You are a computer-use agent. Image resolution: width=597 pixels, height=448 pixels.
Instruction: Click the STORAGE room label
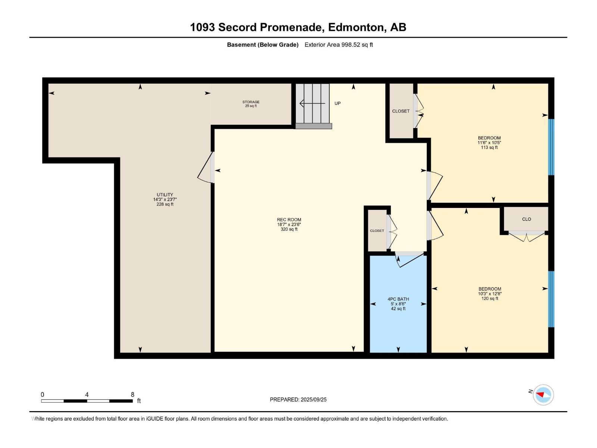tap(251, 102)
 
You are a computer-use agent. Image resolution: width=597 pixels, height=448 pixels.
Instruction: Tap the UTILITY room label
tap(165, 195)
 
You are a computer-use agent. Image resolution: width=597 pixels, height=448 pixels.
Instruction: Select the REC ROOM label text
tap(289, 220)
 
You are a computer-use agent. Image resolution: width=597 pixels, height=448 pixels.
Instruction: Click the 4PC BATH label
tap(398, 299)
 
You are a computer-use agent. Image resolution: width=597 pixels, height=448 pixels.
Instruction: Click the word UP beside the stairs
tap(337, 103)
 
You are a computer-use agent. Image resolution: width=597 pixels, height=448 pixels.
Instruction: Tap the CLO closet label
tap(526, 219)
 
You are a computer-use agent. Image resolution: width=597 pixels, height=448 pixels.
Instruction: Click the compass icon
tap(543, 395)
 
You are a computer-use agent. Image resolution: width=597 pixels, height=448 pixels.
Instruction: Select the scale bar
tap(87, 401)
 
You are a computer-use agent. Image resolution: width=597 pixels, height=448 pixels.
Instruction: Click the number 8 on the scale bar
tap(132, 395)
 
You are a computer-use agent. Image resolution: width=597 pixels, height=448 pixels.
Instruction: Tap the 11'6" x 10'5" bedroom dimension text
tap(489, 143)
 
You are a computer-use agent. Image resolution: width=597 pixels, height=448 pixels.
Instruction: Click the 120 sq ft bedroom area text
tap(490, 299)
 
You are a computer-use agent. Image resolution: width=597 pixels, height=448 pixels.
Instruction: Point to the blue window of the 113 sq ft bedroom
tap(551, 147)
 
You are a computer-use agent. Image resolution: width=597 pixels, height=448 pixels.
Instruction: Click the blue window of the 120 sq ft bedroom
tap(551, 299)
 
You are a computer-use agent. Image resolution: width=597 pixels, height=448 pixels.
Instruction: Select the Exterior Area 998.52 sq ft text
tap(339, 45)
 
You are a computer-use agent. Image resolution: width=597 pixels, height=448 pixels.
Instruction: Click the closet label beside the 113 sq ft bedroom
tap(401, 111)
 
